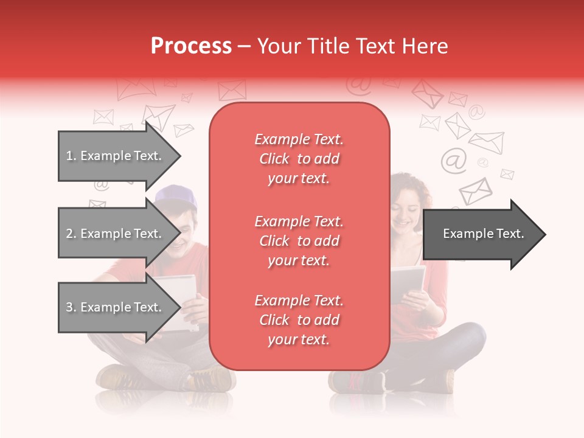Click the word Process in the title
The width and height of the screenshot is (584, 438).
(x=191, y=46)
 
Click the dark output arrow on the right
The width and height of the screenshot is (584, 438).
(x=484, y=234)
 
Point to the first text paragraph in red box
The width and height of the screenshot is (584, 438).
(x=299, y=159)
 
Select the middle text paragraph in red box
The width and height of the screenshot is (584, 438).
(x=299, y=241)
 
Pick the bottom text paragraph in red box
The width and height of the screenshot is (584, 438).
(x=299, y=320)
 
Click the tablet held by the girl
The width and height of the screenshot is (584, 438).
(x=407, y=282)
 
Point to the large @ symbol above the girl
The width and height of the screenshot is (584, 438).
(x=453, y=160)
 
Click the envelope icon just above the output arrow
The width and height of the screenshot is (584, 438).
(x=475, y=190)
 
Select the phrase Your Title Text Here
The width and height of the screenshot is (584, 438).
(x=353, y=46)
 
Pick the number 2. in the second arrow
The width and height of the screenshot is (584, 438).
(x=71, y=234)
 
